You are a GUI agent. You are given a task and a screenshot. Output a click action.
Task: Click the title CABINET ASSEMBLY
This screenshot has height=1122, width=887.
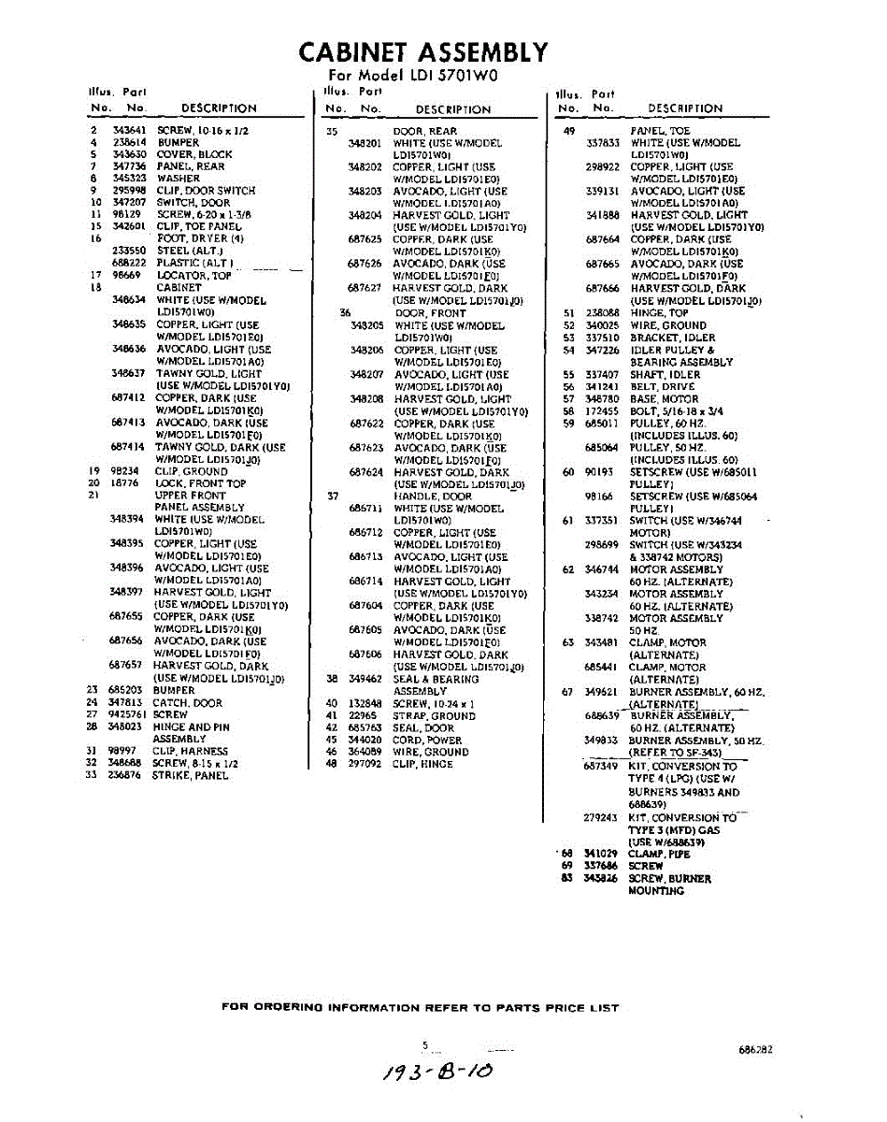point(423,51)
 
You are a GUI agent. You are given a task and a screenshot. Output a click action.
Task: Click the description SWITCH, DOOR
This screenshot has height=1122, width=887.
point(193,202)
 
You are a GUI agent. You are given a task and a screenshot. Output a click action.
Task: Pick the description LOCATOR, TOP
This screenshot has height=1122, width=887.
point(193,276)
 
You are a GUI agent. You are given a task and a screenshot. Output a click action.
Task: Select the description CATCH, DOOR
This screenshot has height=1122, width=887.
point(188,702)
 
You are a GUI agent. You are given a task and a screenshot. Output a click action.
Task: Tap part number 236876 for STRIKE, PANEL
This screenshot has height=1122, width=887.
point(124,775)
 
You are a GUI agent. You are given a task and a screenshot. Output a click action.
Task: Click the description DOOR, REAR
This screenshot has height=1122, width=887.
point(424,132)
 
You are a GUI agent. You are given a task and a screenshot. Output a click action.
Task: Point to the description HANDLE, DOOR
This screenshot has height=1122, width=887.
point(432,496)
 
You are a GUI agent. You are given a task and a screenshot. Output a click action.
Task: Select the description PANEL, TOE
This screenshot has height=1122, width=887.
point(660,132)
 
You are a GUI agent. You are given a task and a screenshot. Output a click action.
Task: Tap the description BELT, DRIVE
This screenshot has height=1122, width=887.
point(663,387)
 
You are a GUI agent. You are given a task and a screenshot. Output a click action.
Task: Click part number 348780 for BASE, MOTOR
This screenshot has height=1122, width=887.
point(602,399)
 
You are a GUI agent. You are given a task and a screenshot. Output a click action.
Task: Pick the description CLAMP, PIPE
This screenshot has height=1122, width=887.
point(660,854)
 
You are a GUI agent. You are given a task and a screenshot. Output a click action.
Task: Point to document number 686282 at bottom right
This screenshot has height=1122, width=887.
point(755,1050)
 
